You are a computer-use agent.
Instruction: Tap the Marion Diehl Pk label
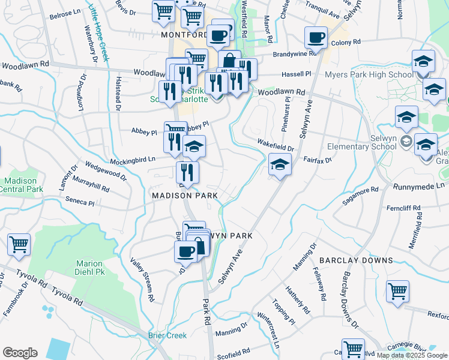click(89, 268)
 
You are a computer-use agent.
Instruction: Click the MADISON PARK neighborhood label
click(180, 196)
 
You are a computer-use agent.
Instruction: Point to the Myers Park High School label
click(369, 74)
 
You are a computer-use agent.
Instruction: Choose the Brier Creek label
click(167, 335)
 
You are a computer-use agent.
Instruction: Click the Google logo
click(20, 353)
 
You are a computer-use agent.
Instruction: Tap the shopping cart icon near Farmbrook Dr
click(19, 244)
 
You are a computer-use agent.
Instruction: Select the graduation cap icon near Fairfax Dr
click(279, 164)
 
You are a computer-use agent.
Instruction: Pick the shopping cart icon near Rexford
click(397, 291)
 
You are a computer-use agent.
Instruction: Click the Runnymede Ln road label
click(420, 187)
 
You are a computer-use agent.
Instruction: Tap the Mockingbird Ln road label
click(132, 160)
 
